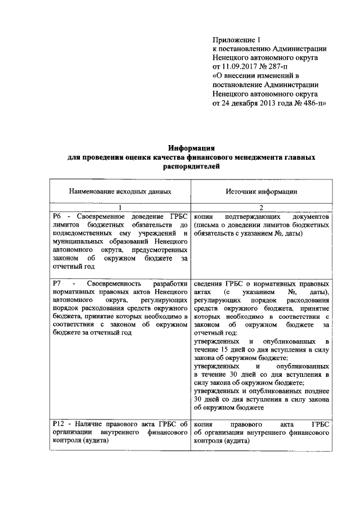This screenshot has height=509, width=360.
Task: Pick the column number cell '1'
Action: [120, 208]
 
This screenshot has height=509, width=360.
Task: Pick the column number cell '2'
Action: [261, 208]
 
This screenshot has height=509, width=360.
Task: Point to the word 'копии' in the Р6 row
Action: [204, 217]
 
